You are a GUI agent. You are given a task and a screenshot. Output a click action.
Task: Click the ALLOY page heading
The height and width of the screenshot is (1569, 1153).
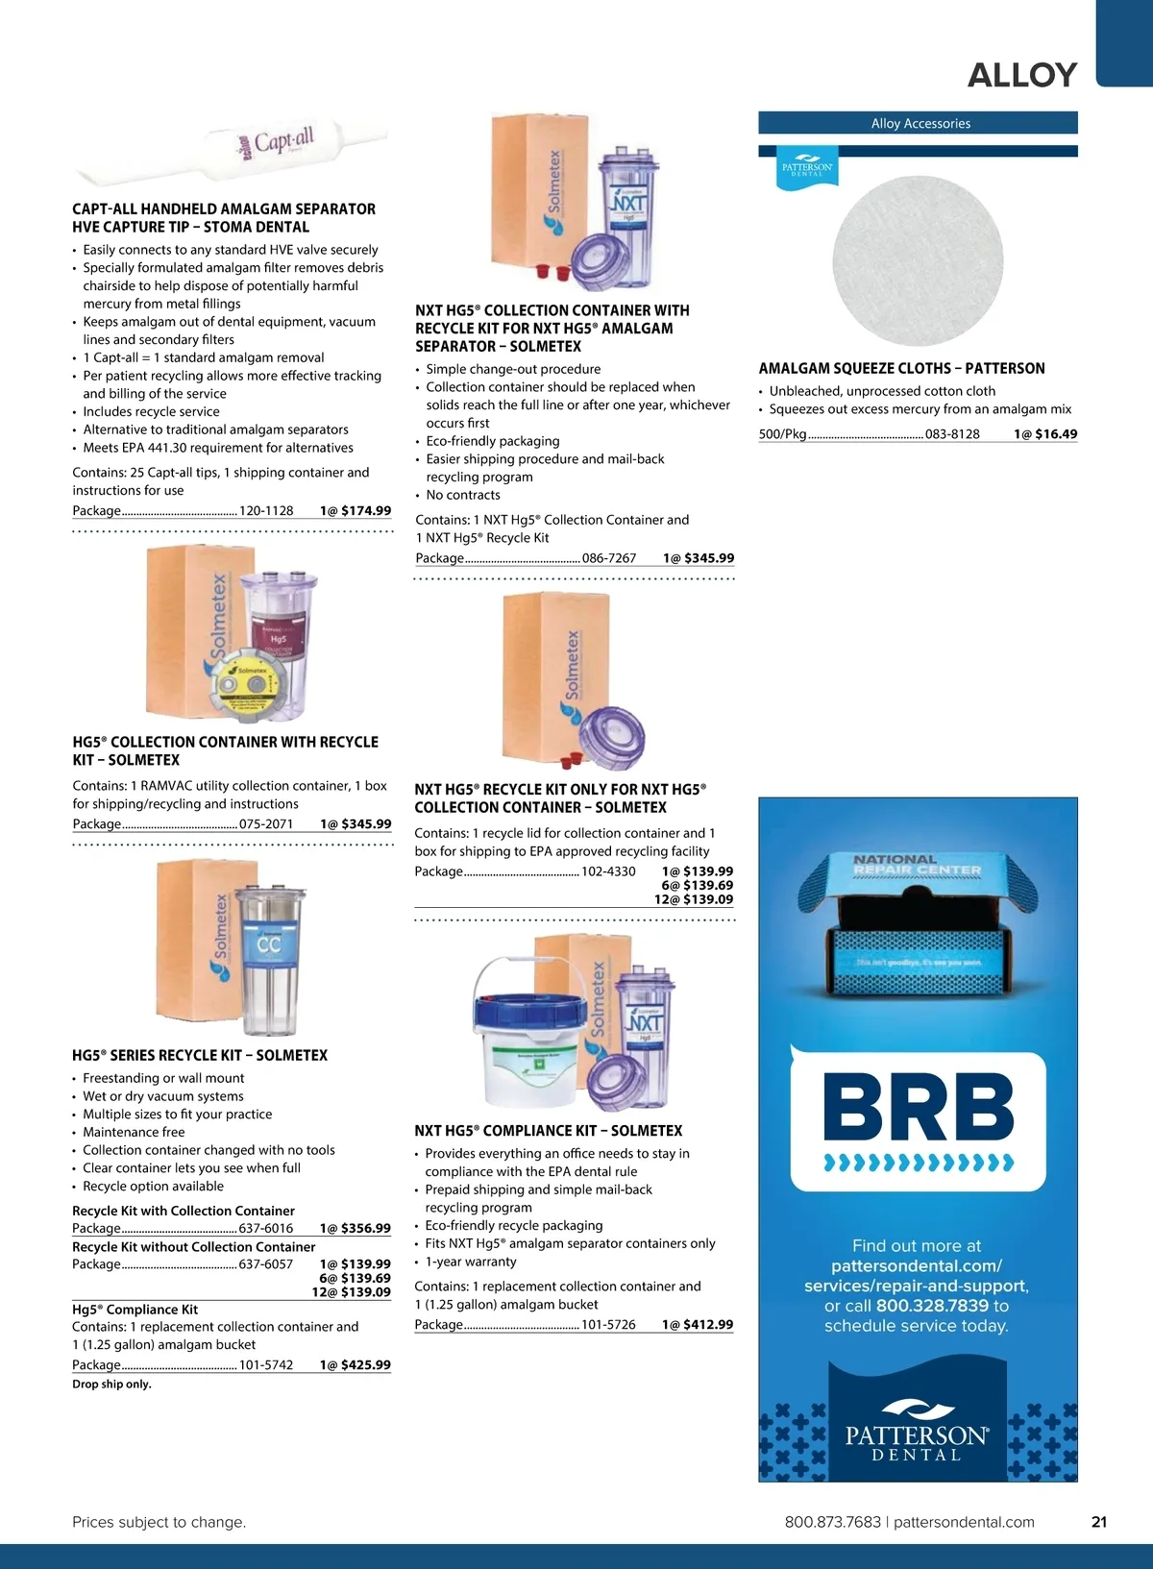(1021, 75)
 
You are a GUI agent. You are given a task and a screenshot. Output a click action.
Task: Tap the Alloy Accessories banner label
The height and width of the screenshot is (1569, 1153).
(920, 123)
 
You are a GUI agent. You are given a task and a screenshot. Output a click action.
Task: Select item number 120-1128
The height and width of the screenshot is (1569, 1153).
(266, 511)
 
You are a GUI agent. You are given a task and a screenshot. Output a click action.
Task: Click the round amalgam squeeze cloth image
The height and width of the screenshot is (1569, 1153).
(918, 260)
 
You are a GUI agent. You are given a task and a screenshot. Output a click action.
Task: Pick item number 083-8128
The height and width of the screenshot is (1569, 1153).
(952, 434)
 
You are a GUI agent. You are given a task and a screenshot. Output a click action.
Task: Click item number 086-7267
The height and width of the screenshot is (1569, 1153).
(609, 558)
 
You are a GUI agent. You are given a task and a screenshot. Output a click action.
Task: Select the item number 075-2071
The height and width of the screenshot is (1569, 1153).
(266, 824)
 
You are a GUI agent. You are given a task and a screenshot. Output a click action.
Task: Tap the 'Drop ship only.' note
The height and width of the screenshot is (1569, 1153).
(111, 1385)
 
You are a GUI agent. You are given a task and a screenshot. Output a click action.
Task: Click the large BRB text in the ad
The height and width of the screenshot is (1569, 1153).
(918, 1107)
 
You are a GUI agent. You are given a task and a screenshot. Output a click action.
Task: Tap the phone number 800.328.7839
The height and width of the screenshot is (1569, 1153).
(932, 1306)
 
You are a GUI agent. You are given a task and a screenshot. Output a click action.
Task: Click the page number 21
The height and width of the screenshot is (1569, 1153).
(1099, 1522)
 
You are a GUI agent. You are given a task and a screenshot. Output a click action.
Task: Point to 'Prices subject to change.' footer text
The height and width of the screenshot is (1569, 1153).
(159, 1522)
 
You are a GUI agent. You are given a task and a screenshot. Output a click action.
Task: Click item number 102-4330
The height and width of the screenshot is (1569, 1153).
(608, 871)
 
